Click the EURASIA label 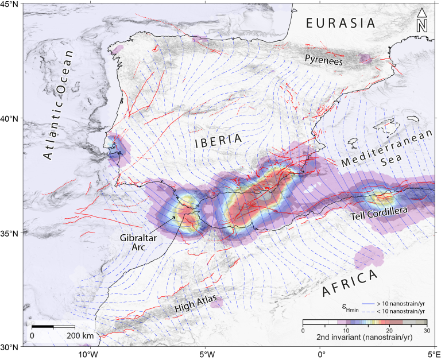(x=341, y=23)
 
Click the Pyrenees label (x=324, y=59)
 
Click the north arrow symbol (x=422, y=21)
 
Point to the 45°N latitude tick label (x=10, y=5)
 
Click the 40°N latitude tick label (x=10, y=118)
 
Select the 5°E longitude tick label (x=432, y=354)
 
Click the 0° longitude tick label (x=321, y=354)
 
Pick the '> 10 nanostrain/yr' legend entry (x=400, y=303)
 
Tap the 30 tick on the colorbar (x=425, y=331)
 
